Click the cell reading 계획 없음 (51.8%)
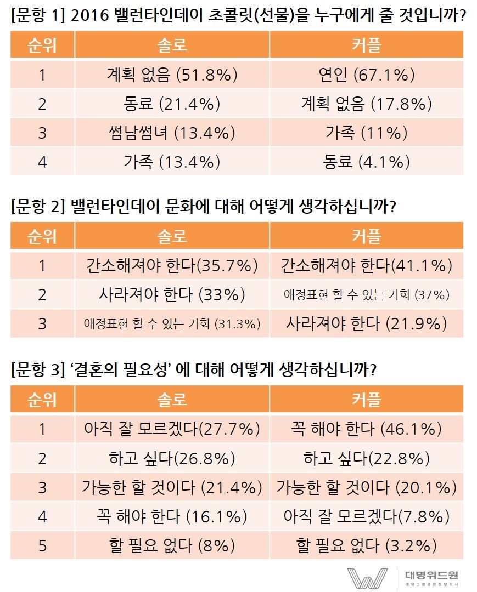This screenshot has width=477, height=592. [172, 75]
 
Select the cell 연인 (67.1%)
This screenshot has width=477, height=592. [366, 75]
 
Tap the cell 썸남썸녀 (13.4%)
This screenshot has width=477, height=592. [172, 132]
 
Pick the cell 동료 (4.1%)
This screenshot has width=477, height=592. [366, 162]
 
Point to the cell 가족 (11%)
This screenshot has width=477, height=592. [366, 132]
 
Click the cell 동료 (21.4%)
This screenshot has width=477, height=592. [172, 104]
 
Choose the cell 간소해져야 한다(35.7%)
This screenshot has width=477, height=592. [172, 266]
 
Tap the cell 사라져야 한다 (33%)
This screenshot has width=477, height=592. [172, 295]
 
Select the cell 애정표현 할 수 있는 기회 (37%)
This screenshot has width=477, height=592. [366, 295]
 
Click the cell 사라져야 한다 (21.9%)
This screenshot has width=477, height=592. [366, 323]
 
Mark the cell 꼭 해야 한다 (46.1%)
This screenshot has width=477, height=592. [366, 429]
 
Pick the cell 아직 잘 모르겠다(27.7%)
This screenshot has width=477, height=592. [172, 429]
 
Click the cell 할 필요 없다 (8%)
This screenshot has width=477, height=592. [172, 545]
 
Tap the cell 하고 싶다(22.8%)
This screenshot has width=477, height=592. [366, 458]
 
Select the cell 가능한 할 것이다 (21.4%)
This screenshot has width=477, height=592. [172, 487]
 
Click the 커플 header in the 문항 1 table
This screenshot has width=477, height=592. [366, 45]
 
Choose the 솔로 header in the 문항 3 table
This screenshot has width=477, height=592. [172, 400]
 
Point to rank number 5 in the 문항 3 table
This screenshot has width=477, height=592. [42, 545]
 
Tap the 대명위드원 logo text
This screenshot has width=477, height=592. [431, 575]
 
